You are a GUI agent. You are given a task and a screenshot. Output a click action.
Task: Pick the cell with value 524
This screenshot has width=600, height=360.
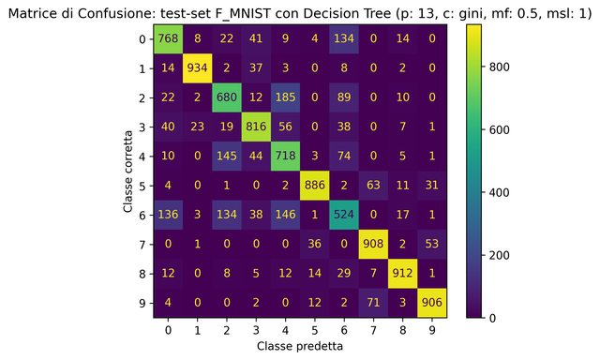coord(344,214)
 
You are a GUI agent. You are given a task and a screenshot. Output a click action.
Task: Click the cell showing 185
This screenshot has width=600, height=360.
coord(286,98)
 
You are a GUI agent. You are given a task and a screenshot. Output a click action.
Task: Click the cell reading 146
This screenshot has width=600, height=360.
coord(286,214)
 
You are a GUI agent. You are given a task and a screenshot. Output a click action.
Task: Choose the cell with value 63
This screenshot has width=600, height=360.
coord(373,185)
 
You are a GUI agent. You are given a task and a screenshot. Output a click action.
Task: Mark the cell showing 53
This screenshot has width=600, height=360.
coord(431,243)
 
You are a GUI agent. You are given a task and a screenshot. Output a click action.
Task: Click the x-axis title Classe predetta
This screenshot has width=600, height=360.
coord(300,346)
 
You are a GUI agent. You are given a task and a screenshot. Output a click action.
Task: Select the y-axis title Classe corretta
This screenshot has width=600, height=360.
coord(128,172)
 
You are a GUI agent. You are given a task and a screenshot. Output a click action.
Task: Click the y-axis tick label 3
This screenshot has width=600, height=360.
coord(143,127)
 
